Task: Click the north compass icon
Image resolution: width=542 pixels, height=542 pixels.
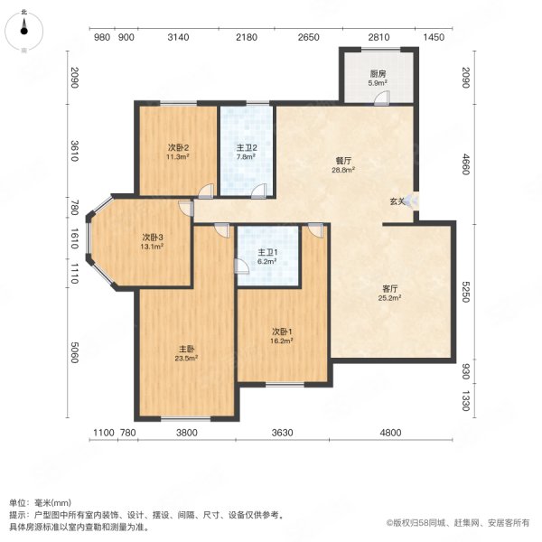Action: [x=23, y=31]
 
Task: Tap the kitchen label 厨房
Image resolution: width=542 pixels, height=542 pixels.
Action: [x=378, y=74]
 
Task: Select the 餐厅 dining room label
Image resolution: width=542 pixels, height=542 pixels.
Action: [x=343, y=161]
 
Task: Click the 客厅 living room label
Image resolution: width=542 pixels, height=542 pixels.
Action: [x=389, y=289]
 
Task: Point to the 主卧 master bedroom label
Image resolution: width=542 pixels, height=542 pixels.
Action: [x=186, y=349]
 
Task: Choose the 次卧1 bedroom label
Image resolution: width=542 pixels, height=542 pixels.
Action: [x=282, y=332]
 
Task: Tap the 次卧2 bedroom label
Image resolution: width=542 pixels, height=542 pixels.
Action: [x=178, y=148]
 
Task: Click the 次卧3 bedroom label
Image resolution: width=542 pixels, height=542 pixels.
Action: [x=153, y=238]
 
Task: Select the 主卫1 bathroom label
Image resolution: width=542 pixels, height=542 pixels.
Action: [x=267, y=253]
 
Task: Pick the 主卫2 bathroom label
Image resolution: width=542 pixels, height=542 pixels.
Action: [x=247, y=148]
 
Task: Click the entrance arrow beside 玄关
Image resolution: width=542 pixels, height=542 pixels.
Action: [x=412, y=201]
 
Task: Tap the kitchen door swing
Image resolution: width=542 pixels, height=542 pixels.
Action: [x=382, y=98]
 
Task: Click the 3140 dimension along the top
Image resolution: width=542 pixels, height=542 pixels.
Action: [x=178, y=37]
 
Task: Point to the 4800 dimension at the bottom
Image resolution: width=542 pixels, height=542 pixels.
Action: [x=390, y=433]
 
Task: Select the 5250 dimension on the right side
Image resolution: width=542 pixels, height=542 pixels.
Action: [x=465, y=292]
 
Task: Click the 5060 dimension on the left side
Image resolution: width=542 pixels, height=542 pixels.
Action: [x=74, y=352]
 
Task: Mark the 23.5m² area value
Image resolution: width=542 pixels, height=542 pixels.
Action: [x=186, y=358]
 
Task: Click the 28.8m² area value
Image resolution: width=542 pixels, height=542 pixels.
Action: [x=343, y=170]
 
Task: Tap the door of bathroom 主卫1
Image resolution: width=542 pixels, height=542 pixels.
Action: [x=241, y=266]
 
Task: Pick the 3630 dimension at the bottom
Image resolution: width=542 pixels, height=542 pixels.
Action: [x=283, y=433]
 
